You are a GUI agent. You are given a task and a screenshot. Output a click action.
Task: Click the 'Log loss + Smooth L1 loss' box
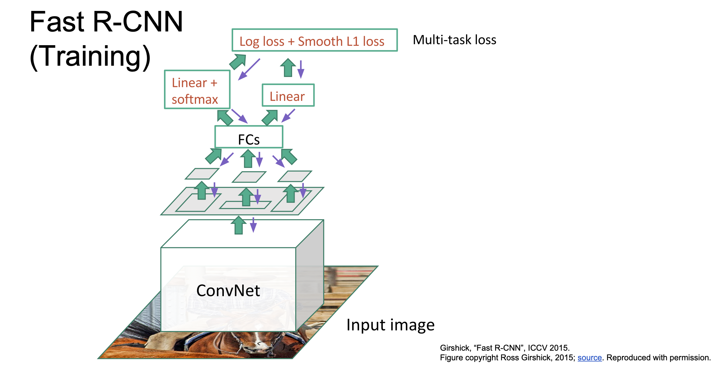point(314,40)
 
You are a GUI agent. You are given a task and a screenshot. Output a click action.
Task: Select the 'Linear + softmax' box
point(197,90)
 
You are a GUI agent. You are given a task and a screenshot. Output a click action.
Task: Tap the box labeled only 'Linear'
point(288,96)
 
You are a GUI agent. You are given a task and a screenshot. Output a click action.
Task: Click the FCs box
point(249,137)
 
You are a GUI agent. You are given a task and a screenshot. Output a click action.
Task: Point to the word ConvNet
point(228,291)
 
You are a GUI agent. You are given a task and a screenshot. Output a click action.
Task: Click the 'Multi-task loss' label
point(454,40)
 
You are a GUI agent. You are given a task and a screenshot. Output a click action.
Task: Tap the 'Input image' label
point(390,325)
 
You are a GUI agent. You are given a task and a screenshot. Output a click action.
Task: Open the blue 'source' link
point(589,358)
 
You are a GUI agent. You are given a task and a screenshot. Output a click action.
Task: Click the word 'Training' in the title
point(90,56)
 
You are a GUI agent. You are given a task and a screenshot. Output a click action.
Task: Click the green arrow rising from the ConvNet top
point(239,225)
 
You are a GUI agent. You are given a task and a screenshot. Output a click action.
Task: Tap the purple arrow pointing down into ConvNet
point(253,225)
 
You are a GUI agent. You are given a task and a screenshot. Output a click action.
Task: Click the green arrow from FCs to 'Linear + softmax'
point(225,118)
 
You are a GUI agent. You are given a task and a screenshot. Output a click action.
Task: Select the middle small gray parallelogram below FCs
point(249,177)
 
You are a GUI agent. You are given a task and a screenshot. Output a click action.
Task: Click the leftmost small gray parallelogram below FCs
point(202,174)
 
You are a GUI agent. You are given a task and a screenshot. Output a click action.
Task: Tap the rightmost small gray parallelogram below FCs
point(295,176)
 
